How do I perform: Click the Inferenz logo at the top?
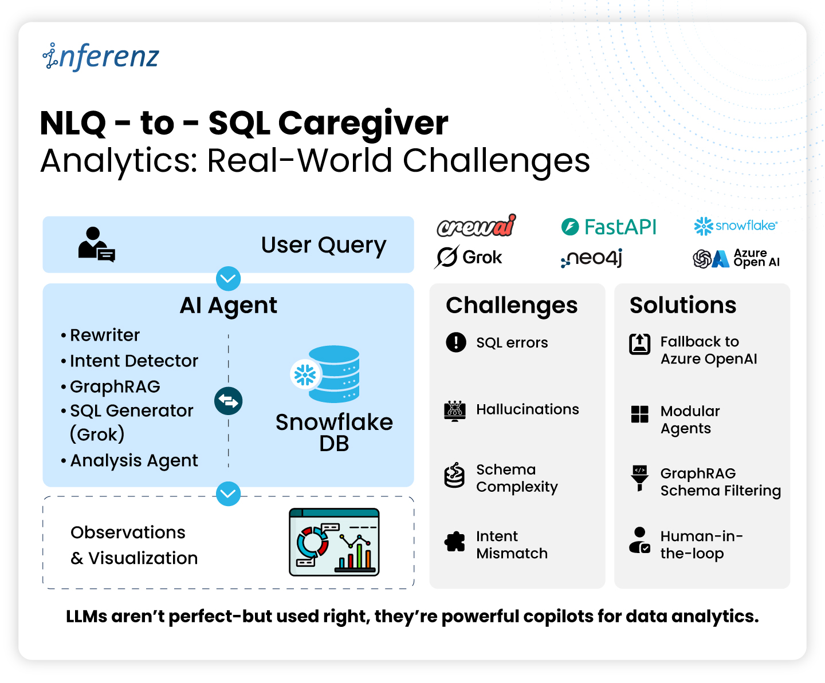pyautogui.click(x=100, y=57)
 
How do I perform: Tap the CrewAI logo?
pyautogui.click(x=476, y=226)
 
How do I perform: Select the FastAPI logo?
pyautogui.click(x=608, y=227)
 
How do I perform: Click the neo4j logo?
pyautogui.click(x=591, y=258)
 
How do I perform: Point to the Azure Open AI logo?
pyautogui.click(x=736, y=258)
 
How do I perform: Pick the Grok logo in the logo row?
pyautogui.click(x=468, y=257)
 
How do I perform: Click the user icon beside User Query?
pyautogui.click(x=96, y=244)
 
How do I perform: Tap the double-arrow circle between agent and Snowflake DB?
pyautogui.click(x=228, y=401)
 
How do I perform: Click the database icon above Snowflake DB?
pyautogui.click(x=325, y=373)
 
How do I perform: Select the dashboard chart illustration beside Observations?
pyautogui.click(x=334, y=542)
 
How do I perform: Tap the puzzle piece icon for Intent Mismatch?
pyautogui.click(x=454, y=541)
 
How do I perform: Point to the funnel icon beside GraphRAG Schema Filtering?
pyautogui.click(x=639, y=477)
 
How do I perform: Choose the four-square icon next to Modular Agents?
pyautogui.click(x=639, y=414)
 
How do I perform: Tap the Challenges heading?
pyautogui.click(x=511, y=306)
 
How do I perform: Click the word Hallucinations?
pyautogui.click(x=527, y=409)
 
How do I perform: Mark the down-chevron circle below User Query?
pyautogui.click(x=228, y=278)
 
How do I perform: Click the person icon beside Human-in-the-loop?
pyautogui.click(x=639, y=540)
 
